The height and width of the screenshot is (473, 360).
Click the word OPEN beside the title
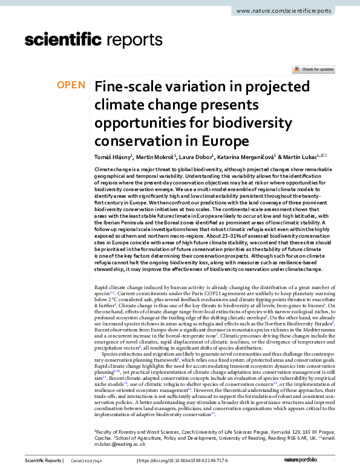coord(71,85)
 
